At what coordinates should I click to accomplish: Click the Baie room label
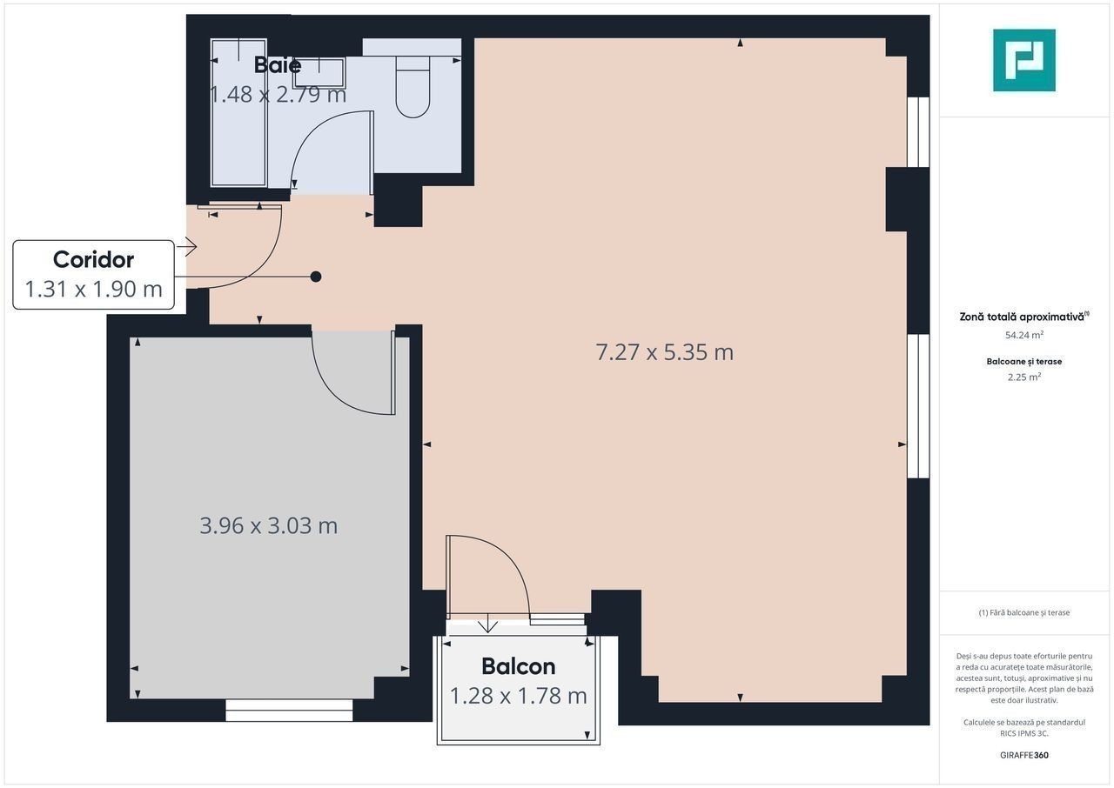click(278, 65)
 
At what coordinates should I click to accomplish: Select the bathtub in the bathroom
click(238, 113)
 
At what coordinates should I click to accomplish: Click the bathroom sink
click(319, 72)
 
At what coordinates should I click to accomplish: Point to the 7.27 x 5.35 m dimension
click(664, 352)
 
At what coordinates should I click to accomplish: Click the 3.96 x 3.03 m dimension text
click(269, 525)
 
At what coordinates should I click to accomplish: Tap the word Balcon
click(518, 666)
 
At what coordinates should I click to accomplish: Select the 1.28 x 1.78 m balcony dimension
click(518, 696)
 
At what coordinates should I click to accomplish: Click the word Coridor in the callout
click(93, 259)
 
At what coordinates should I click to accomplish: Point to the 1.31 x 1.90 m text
click(93, 289)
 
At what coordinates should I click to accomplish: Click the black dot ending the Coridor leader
click(316, 277)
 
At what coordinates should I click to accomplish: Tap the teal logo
click(1024, 60)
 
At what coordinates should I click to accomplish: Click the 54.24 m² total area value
click(1024, 335)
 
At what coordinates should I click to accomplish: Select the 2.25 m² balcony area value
click(1024, 377)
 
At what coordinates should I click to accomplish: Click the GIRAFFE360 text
click(1024, 755)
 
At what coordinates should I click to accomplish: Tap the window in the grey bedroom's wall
click(289, 711)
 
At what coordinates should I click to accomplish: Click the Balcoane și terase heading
click(1024, 361)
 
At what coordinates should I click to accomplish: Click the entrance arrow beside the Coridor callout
click(187, 246)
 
